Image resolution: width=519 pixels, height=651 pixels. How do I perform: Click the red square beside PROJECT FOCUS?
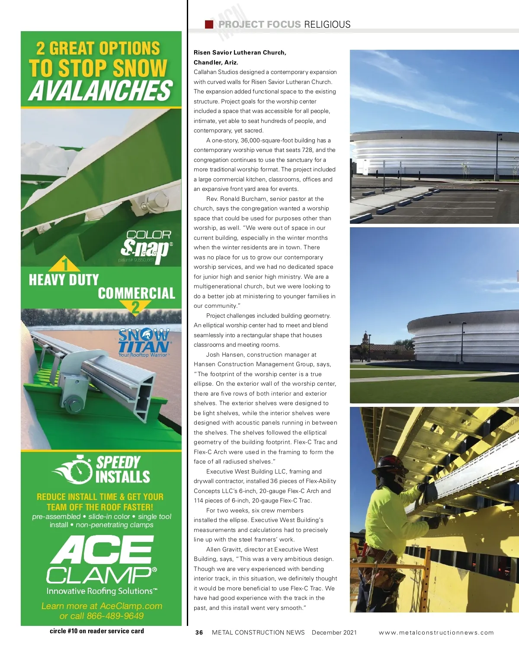(x=209, y=24)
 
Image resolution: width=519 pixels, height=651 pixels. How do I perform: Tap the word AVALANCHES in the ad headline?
(x=101, y=91)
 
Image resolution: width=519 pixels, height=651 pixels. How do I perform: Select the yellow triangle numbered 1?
(x=64, y=264)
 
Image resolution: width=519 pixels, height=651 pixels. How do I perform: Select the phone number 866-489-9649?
(x=115, y=616)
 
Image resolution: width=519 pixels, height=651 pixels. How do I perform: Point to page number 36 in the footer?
(x=199, y=632)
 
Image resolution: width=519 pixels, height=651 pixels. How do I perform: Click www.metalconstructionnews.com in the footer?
(x=436, y=632)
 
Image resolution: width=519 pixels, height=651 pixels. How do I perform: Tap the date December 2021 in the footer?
(x=334, y=632)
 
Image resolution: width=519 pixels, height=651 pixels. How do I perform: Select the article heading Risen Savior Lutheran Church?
(x=240, y=52)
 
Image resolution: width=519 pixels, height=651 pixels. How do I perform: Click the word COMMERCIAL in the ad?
(x=136, y=293)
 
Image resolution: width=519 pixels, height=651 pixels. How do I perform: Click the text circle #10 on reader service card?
(x=97, y=631)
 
